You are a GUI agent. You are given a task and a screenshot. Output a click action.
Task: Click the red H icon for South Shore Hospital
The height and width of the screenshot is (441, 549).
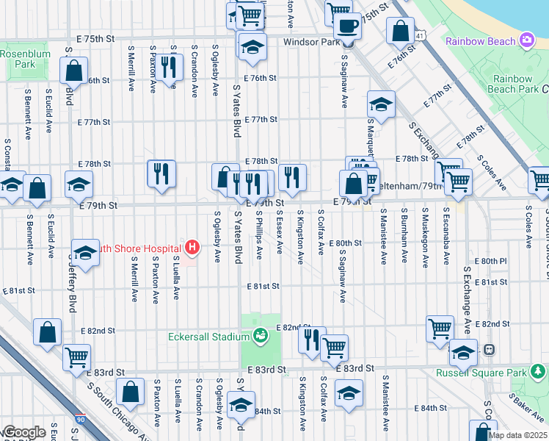(192, 246)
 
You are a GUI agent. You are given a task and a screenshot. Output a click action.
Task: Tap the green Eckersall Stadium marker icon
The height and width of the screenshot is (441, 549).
(259, 337)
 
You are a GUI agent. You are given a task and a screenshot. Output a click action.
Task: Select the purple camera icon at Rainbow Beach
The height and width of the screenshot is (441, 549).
(526, 40)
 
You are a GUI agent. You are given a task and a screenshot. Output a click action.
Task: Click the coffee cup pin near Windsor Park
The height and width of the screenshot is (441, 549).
(346, 27)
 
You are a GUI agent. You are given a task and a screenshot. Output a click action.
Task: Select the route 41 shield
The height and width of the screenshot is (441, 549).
(418, 35)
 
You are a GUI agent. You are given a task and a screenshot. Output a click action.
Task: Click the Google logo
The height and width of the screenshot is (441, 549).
(24, 432)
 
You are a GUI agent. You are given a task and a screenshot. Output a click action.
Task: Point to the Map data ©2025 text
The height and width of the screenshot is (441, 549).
(518, 435)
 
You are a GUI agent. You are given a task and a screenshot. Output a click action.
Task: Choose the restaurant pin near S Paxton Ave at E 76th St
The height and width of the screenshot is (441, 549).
(170, 67)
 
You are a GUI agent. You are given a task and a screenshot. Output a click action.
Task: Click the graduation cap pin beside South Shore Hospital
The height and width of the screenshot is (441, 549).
(85, 253)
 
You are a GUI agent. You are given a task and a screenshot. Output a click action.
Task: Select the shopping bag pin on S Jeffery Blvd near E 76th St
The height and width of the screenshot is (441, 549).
(75, 71)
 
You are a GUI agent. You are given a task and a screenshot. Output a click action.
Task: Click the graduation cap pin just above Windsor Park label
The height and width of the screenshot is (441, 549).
(252, 46)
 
